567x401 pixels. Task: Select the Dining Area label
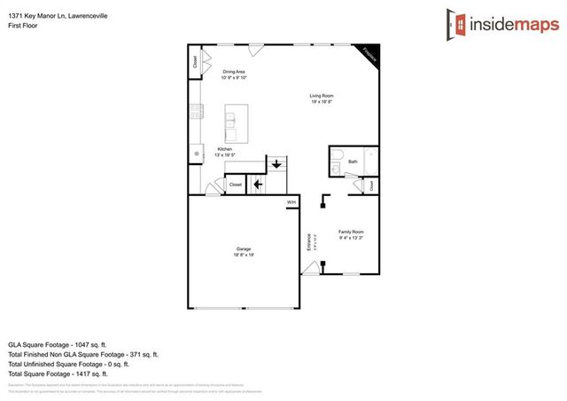point(234,74)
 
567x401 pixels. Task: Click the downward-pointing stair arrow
point(276,164)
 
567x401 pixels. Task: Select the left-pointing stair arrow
point(258,185)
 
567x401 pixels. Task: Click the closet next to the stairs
point(235,185)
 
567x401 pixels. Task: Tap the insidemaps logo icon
point(458,24)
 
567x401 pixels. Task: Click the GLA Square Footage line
point(57,344)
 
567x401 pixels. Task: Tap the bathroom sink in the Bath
point(337,169)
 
